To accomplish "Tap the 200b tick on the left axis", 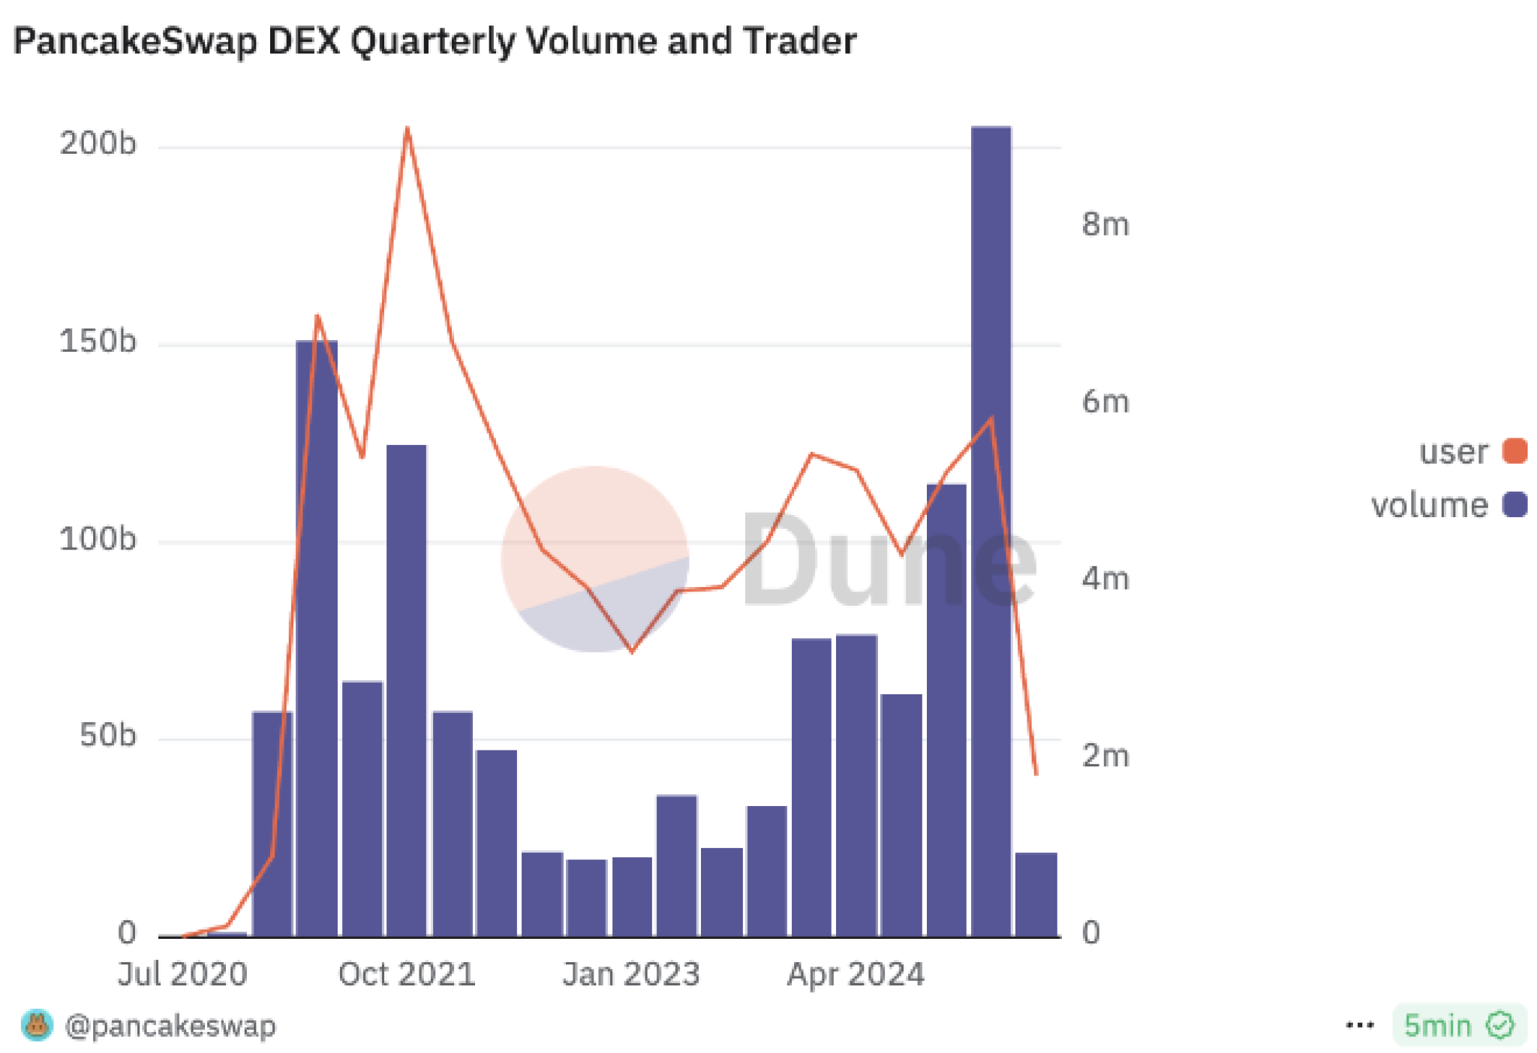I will (98, 143).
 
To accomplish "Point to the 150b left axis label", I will (98, 341).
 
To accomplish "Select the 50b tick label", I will (107, 736).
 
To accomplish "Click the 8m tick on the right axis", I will (1105, 224).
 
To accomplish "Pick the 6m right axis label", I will (1105, 402).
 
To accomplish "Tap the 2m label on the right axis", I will (1105, 756).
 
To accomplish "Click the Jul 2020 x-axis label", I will (182, 974).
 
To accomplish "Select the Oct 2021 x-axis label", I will (407, 974).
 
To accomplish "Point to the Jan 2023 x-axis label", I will (631, 974).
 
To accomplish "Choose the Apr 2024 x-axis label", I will (856, 974).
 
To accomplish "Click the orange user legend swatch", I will (1514, 451).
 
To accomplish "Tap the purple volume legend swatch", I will (1514, 504).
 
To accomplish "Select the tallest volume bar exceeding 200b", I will (991, 525).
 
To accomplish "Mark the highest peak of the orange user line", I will (407, 128).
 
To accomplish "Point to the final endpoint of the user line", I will (1036, 774).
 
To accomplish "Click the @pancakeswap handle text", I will (170, 1025).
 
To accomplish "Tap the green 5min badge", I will (1459, 1025).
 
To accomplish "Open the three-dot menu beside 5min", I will (1360, 1025).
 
